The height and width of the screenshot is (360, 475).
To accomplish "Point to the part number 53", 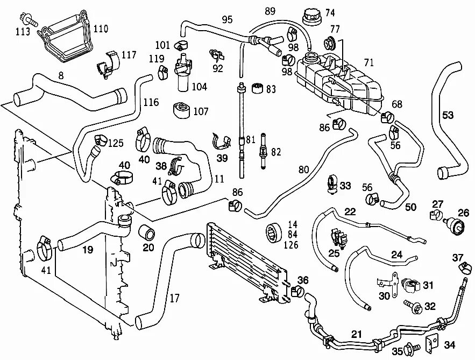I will tap(448, 115).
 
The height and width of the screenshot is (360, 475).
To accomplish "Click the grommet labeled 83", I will tap(257, 87).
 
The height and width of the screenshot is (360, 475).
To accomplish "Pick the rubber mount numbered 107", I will tap(182, 110).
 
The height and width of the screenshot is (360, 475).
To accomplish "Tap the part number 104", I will tap(198, 86).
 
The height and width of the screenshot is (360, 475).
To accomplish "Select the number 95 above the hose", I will tap(227, 20).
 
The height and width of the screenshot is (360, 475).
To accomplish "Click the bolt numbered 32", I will tap(415, 307).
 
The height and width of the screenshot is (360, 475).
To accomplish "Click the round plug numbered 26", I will tap(459, 227).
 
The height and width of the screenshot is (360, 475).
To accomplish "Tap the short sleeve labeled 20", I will tap(147, 232).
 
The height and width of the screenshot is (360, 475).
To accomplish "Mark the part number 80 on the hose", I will tap(304, 170).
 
